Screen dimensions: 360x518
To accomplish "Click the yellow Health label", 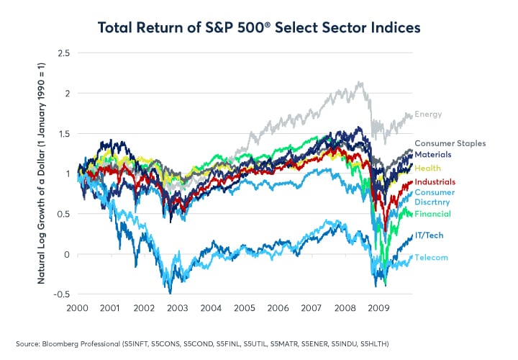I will point(428,168).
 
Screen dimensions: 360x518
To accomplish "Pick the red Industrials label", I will point(435,182).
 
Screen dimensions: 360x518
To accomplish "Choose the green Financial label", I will point(433,214).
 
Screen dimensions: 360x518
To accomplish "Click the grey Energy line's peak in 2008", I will point(359,83).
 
